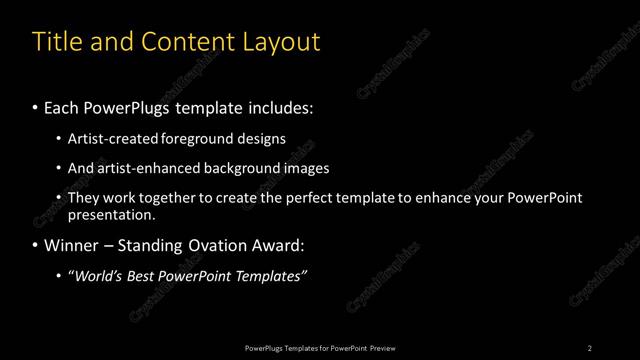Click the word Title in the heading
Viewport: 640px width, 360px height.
[x=57, y=42]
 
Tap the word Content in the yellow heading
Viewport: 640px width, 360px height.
[x=184, y=42]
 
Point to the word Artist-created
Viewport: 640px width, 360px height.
[x=110, y=138]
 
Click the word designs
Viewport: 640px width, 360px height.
[x=261, y=138]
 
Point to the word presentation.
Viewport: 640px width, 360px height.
[x=111, y=214]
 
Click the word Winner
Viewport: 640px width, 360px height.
[x=70, y=245]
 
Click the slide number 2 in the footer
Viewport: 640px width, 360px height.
[x=590, y=347]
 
